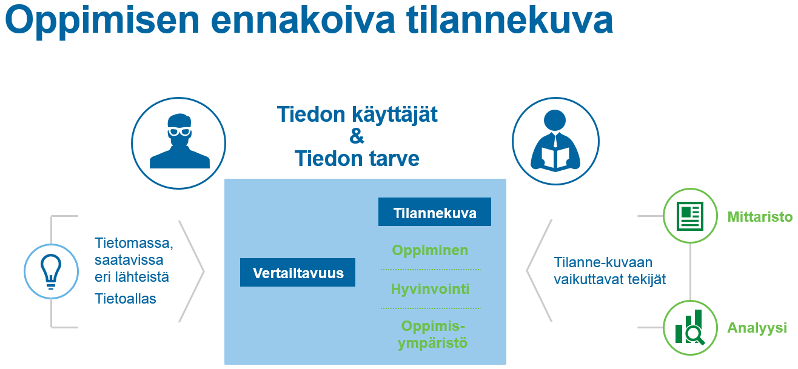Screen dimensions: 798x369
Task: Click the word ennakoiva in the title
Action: [x=303, y=20]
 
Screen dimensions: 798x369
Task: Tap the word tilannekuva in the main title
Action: [x=510, y=19]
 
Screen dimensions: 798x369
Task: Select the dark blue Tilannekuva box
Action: [x=435, y=211]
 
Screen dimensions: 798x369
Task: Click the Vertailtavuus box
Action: [x=298, y=272]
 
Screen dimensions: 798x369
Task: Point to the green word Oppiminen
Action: [x=430, y=250]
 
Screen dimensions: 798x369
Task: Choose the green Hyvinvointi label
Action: [x=430, y=288]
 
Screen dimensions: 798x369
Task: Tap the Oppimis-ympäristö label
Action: [x=433, y=334]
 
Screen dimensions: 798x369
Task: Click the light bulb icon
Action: [x=52, y=271]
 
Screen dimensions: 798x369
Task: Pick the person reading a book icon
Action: [x=555, y=141]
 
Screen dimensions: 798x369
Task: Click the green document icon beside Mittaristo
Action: [x=691, y=216]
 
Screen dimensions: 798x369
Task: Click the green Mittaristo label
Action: [x=760, y=217]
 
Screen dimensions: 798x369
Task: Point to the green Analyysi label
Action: [x=757, y=328]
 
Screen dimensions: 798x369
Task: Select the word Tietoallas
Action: [x=126, y=299]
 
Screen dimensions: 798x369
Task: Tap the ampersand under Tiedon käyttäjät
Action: [x=357, y=136]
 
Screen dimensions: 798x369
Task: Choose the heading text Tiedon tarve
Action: [x=357, y=158]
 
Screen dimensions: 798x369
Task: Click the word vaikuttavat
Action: [x=589, y=279]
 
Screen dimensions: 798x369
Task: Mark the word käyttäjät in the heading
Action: [x=395, y=115]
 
